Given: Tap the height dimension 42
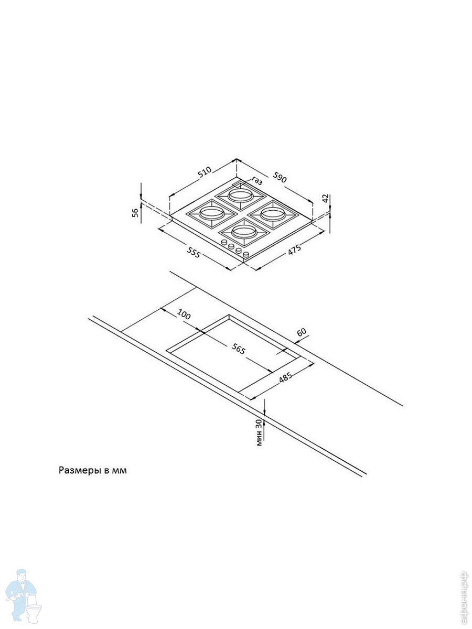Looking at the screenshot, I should (325, 198).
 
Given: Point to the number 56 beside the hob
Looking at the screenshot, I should (135, 212).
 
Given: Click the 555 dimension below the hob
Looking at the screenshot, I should (194, 254).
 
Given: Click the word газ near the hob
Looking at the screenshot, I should (256, 181).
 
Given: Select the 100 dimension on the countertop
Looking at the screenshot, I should (184, 314).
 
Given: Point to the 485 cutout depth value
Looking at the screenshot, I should (285, 377).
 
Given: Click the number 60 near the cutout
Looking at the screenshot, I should (302, 332).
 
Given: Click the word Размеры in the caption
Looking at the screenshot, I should (79, 471).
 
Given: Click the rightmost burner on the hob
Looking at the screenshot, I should (273, 213).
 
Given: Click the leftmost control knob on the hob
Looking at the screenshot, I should (224, 243).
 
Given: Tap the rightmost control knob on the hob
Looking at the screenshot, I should (245, 255).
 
